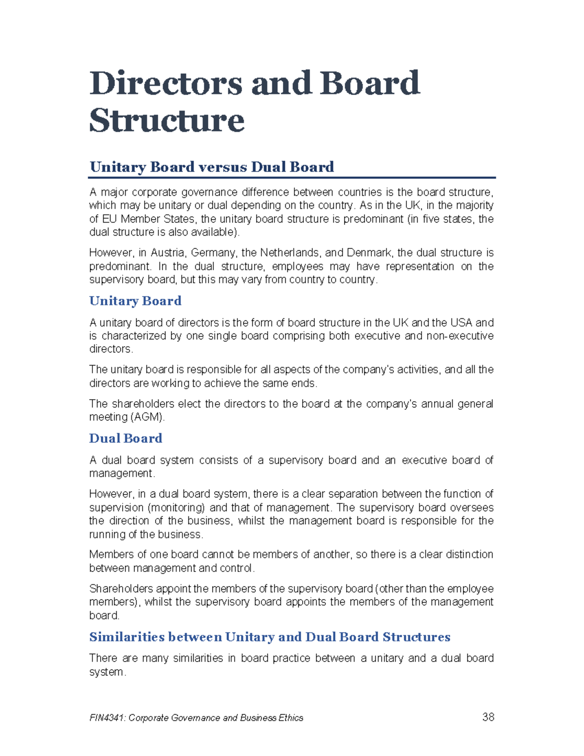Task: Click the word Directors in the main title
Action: (165, 83)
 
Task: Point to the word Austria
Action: (167, 253)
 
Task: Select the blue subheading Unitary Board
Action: (135, 301)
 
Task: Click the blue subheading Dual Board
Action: (126, 438)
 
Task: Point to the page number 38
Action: (488, 717)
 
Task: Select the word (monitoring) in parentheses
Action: (176, 507)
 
